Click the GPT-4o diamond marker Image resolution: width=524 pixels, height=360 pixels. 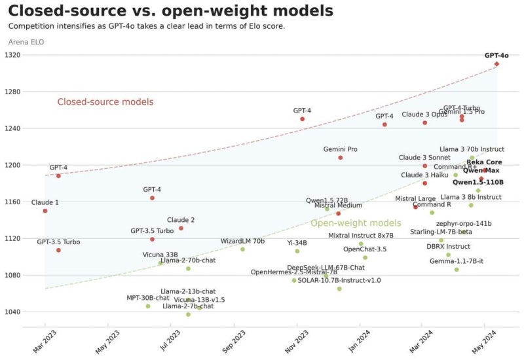[x=497, y=63]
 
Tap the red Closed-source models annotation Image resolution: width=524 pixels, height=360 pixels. [x=105, y=101]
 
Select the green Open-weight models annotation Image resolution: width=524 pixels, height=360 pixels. [x=356, y=223]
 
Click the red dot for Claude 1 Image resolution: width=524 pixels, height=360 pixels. [x=45, y=211]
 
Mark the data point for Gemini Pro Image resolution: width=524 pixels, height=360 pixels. [x=341, y=158]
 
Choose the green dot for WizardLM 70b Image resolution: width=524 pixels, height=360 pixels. [x=242, y=249]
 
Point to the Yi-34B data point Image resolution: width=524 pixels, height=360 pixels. [x=297, y=251]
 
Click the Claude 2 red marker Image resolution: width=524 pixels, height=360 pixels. [x=181, y=228]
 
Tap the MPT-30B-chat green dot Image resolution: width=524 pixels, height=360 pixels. [x=148, y=306]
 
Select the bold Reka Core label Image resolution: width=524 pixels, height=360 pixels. [x=484, y=162]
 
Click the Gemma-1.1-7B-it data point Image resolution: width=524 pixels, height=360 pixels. [x=457, y=270]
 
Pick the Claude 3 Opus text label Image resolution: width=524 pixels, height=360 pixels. [x=424, y=115]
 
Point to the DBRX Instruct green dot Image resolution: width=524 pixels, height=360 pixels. [x=449, y=255]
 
